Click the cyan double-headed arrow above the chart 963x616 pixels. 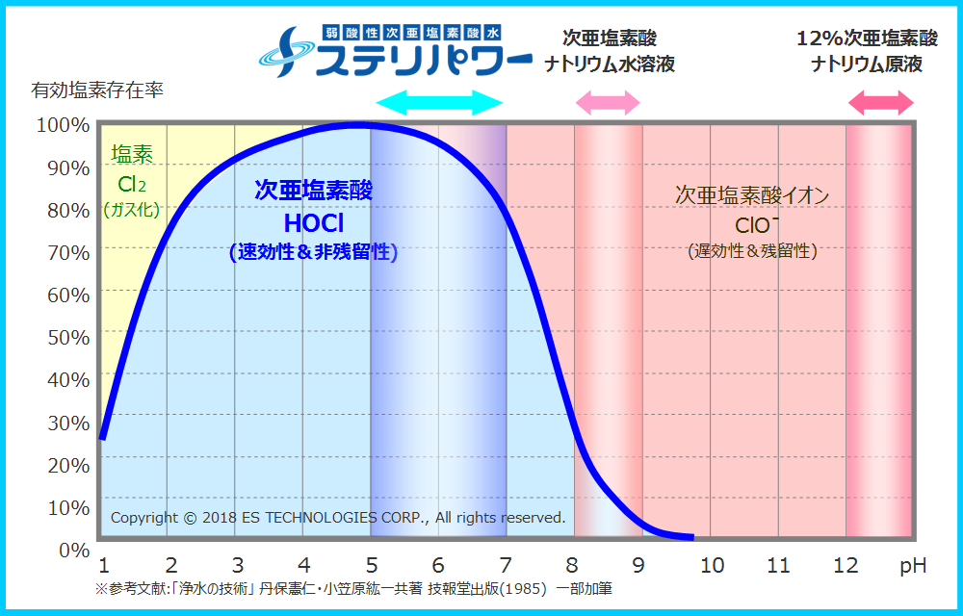tap(439, 103)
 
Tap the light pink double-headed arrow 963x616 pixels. tap(608, 103)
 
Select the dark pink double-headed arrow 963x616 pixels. tap(880, 103)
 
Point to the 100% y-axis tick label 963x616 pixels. tap(63, 125)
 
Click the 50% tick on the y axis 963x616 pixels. tap(68, 337)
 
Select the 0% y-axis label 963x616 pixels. tap(74, 550)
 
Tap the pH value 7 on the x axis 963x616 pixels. tap(505, 566)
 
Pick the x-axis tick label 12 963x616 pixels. tap(846, 566)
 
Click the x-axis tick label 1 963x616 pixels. tap(102, 566)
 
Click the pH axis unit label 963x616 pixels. tap(913, 566)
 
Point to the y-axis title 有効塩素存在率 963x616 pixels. tap(97, 91)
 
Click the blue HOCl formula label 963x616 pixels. tap(314, 223)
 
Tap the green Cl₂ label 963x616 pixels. tap(132, 183)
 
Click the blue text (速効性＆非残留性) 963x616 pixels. tap(314, 253)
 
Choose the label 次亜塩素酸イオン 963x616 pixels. tap(752, 195)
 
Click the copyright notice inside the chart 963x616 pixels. tap(338, 518)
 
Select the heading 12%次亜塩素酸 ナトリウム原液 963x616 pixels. tap(867, 52)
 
